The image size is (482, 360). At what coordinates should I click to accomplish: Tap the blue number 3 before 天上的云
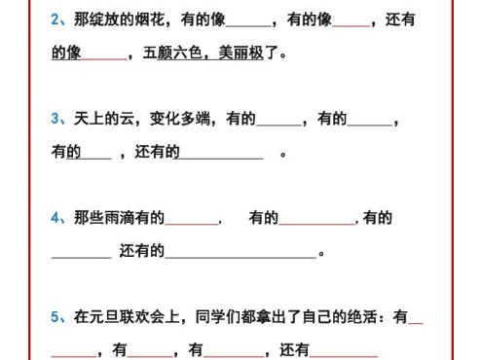tap(56, 120)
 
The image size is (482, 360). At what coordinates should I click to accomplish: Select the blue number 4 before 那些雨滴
tap(56, 219)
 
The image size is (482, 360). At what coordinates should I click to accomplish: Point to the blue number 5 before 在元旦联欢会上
tap(56, 317)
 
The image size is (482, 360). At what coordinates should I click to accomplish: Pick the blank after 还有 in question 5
tap(344, 352)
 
